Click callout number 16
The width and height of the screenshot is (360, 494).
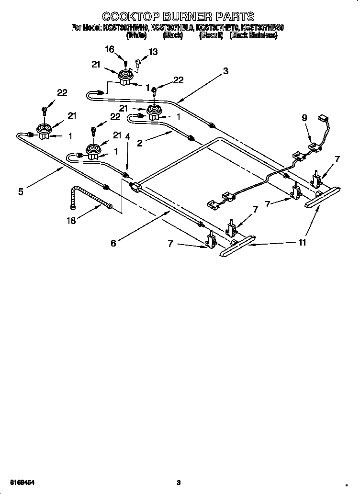pos(110,49)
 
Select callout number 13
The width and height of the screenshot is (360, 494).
pos(153,52)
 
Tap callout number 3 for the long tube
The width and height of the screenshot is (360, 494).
pos(225,71)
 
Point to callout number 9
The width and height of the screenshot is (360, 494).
pos(304,117)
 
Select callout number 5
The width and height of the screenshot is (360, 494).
pos(21,192)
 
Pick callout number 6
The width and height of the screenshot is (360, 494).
pos(113,243)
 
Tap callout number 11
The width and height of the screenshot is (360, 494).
pos(302,243)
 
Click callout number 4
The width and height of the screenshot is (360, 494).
pos(127,136)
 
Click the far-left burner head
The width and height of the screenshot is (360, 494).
pos(45,132)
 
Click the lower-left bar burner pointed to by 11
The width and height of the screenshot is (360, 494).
pos(236,247)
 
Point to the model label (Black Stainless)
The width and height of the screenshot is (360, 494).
pos(253,36)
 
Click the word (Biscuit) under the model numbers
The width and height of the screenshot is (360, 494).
pos(211,36)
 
